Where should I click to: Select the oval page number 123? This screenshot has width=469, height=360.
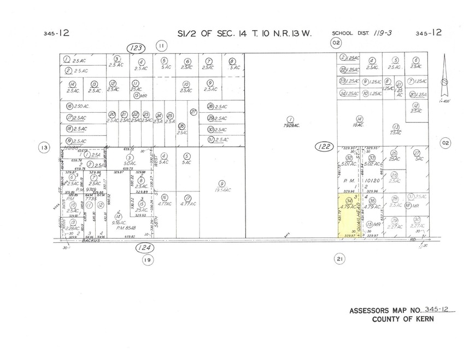pos(136,48)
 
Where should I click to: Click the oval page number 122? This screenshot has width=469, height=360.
pos(324,146)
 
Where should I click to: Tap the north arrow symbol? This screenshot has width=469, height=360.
pos(445,77)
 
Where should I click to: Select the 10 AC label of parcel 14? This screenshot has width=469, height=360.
pos(359,124)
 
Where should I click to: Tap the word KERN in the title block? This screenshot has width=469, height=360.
pos(423,320)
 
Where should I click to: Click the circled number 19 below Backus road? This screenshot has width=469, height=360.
pos(146,260)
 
